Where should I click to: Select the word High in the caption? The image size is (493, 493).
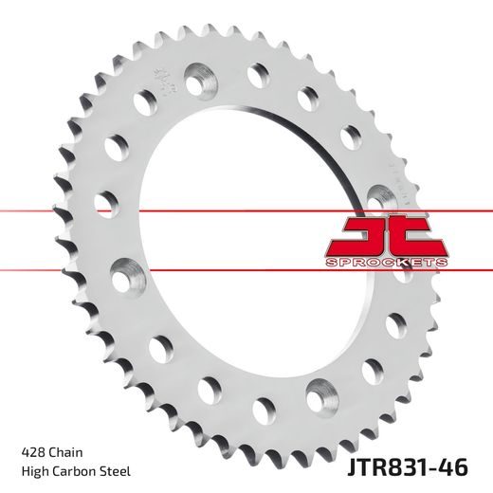click(x=33, y=470)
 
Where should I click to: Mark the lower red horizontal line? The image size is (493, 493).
click(x=190, y=269)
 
